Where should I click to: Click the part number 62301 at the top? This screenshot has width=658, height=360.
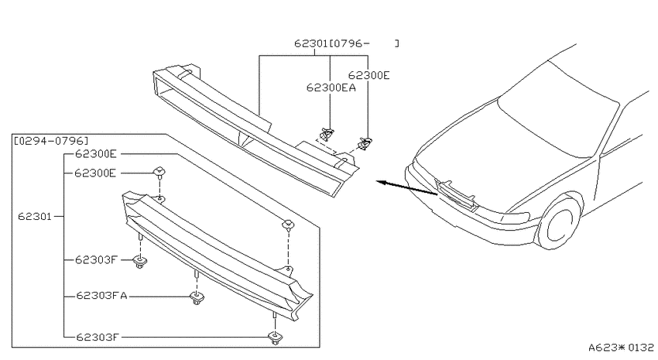pos(311,43)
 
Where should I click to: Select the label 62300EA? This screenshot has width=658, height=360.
pos(331,87)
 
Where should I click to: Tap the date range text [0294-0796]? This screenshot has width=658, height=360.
pos(51,141)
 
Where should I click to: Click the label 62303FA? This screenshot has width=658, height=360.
pos(101,296)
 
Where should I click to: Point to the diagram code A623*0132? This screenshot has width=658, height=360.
pos(621,348)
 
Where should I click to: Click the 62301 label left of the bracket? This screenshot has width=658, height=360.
pos(34,217)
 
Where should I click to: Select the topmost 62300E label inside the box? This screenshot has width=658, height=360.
pos(96,154)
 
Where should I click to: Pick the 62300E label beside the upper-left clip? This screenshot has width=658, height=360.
pos(95,173)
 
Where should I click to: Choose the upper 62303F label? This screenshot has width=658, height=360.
pos(97,260)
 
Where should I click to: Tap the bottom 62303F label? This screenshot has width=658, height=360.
pos(98,337)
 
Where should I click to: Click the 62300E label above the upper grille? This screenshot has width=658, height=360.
pos(368,75)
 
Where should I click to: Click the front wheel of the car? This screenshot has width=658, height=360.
pos(560,221)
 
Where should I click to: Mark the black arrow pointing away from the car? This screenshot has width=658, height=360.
pos(406,188)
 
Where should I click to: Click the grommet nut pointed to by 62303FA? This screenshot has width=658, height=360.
pos(197,298)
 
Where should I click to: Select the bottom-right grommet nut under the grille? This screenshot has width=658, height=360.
pos(275,338)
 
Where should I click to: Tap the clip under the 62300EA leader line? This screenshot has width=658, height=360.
pos(327,134)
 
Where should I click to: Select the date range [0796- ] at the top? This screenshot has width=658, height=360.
pos(364,43)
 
